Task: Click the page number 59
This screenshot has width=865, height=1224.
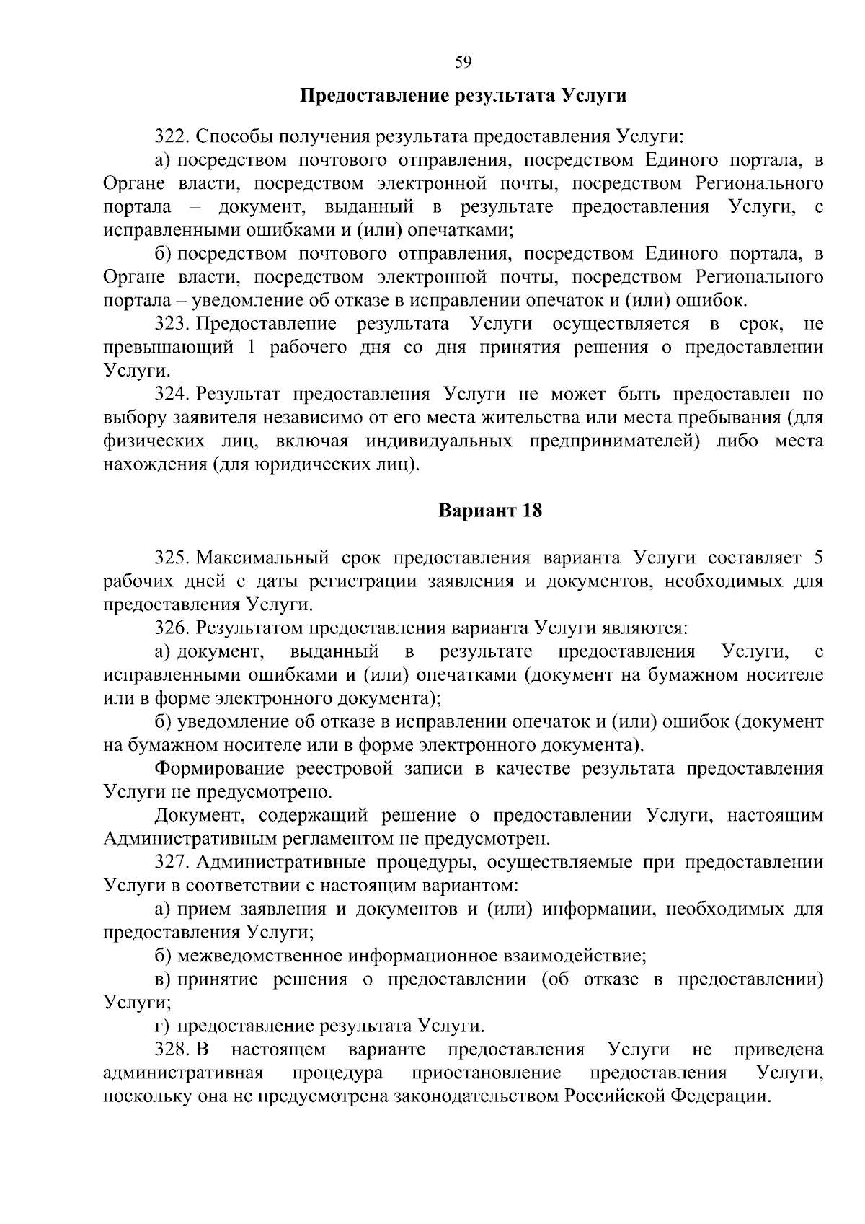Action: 463,62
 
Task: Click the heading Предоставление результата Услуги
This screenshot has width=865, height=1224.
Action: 463,96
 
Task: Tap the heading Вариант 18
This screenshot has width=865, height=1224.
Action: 490,511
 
